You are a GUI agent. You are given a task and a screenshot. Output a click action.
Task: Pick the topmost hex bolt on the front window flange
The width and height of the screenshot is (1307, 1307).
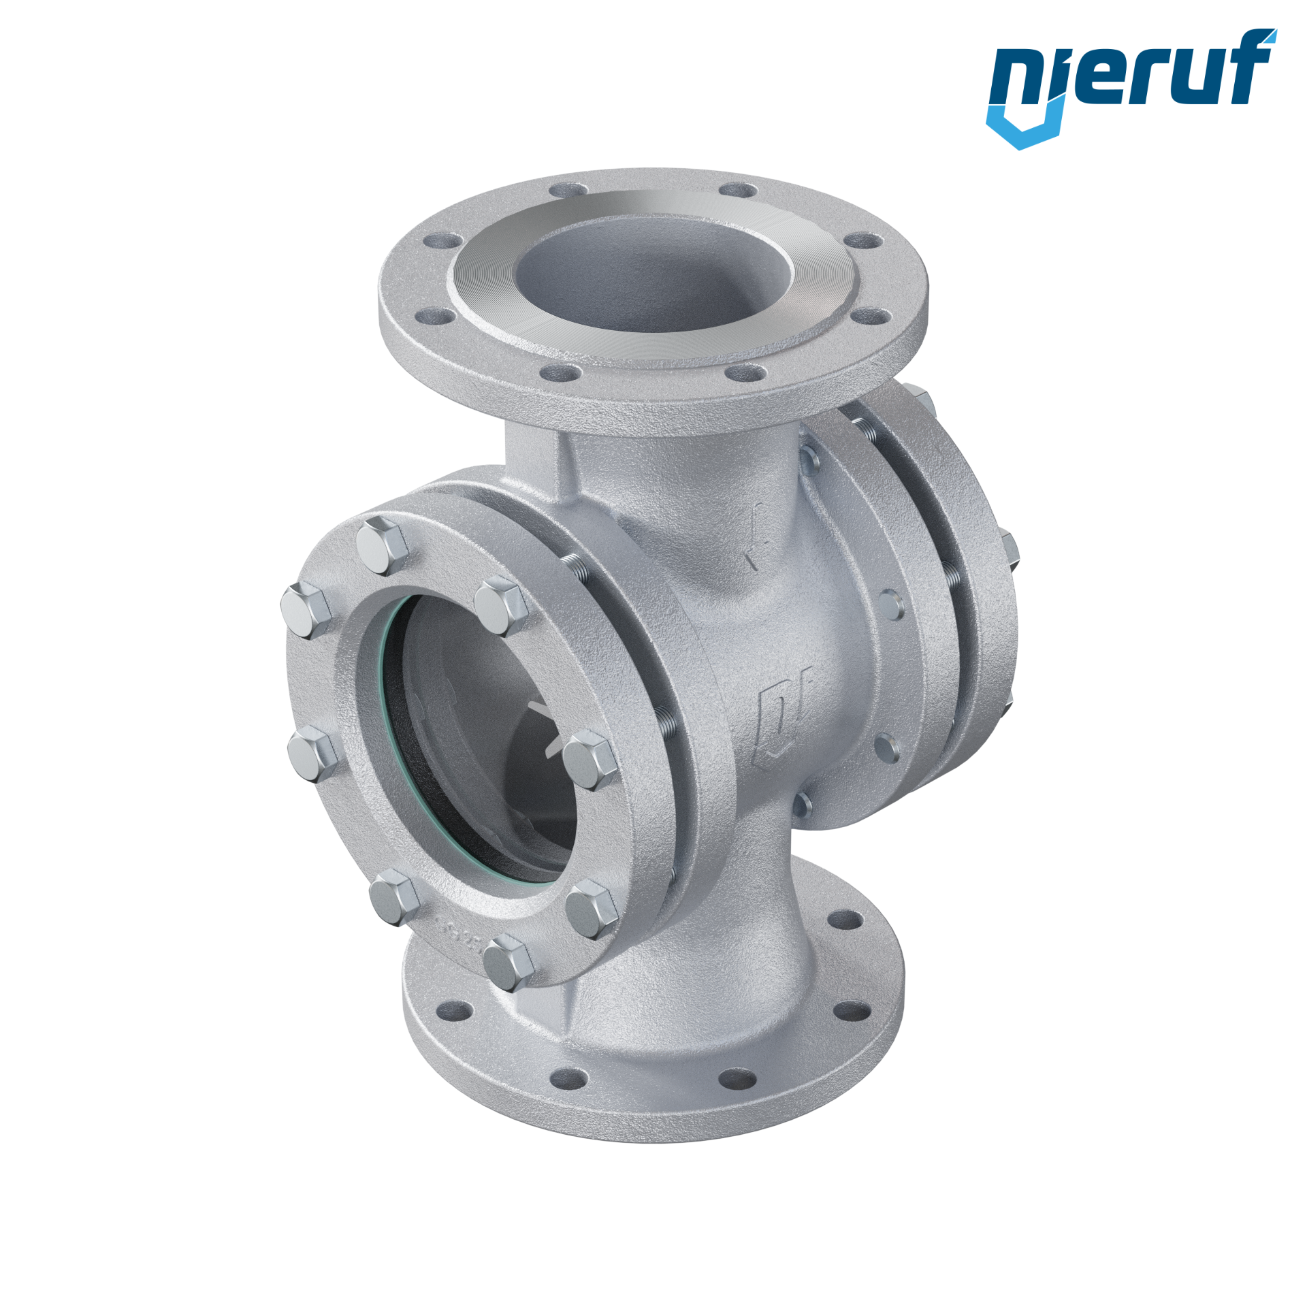(382, 546)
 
